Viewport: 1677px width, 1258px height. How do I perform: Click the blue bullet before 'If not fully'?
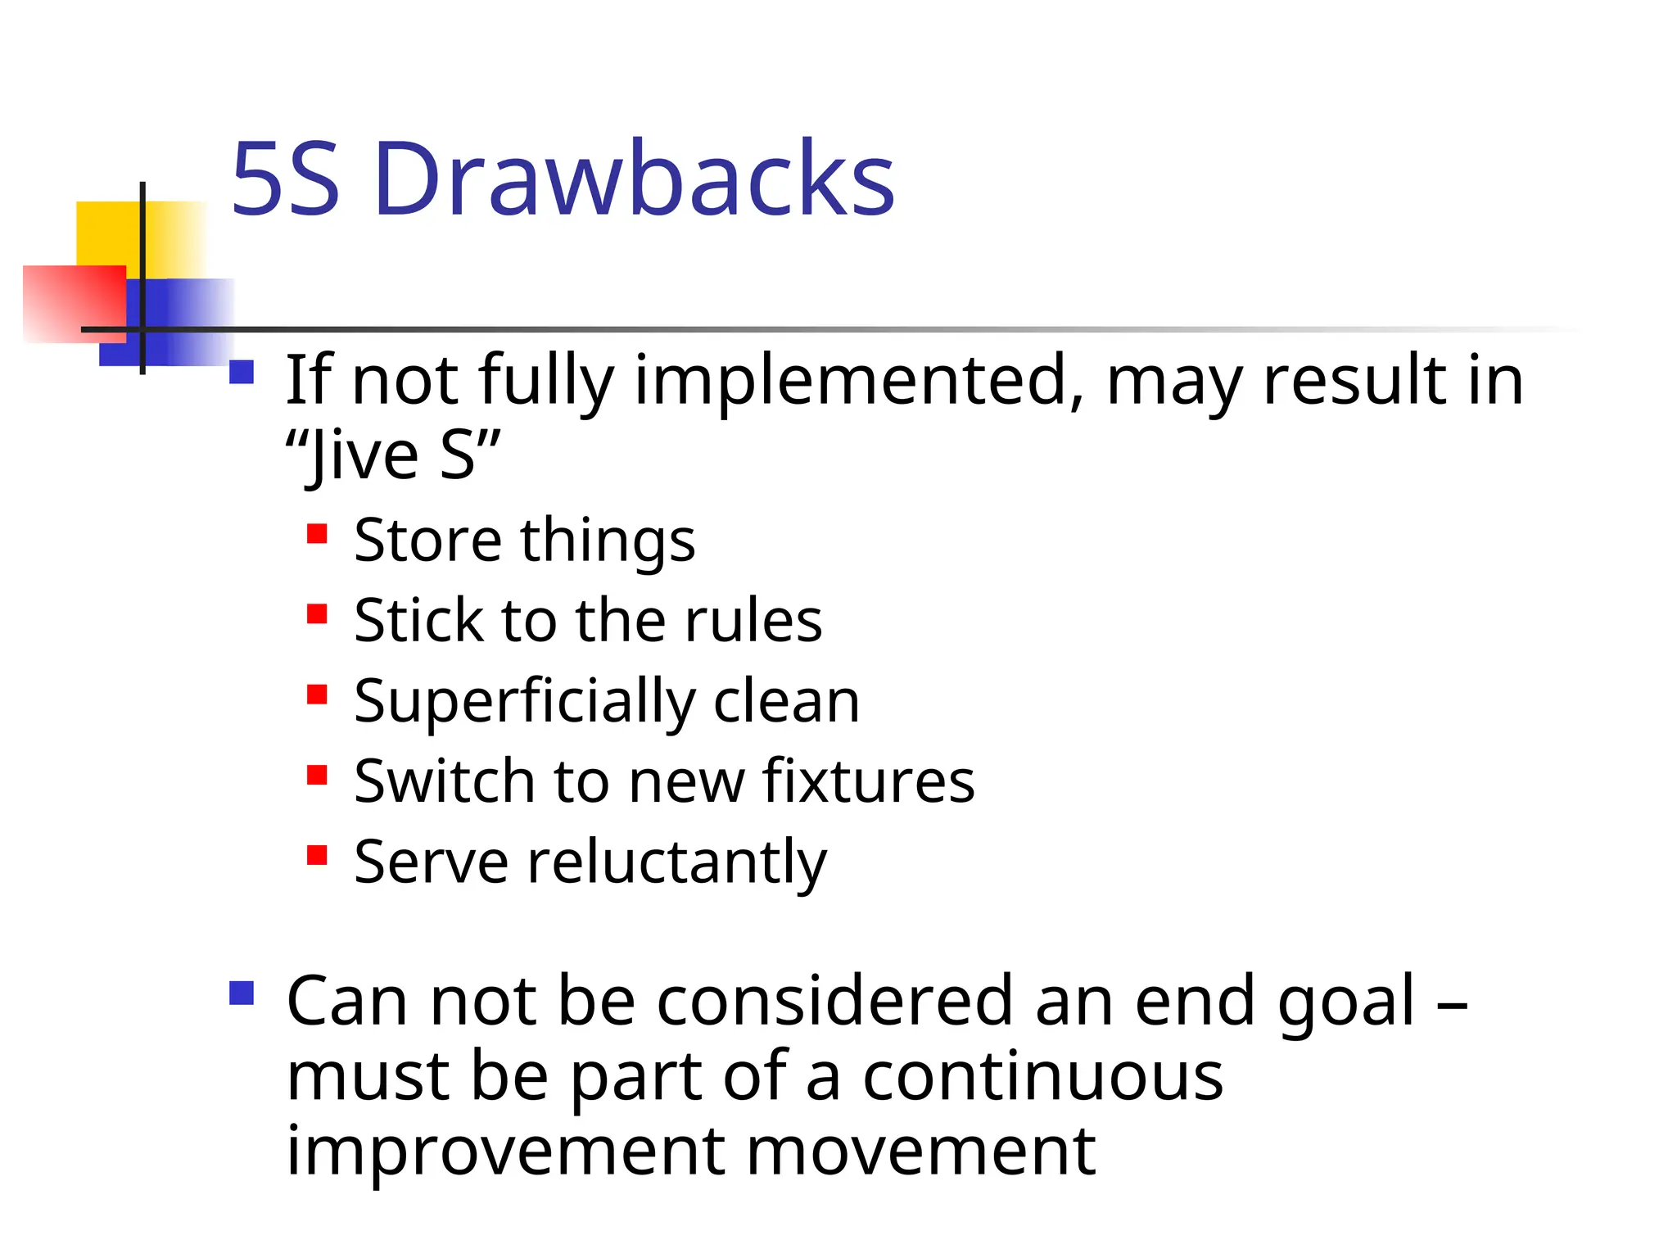tap(242, 373)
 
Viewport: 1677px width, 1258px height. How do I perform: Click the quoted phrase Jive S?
tap(391, 455)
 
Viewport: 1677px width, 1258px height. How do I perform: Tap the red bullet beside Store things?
tap(317, 535)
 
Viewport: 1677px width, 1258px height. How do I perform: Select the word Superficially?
tap(523, 702)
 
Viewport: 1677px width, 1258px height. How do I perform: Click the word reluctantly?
tap(676, 862)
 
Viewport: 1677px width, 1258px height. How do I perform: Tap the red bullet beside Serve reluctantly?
tap(317, 856)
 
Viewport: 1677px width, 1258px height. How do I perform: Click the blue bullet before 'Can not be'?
tap(242, 993)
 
